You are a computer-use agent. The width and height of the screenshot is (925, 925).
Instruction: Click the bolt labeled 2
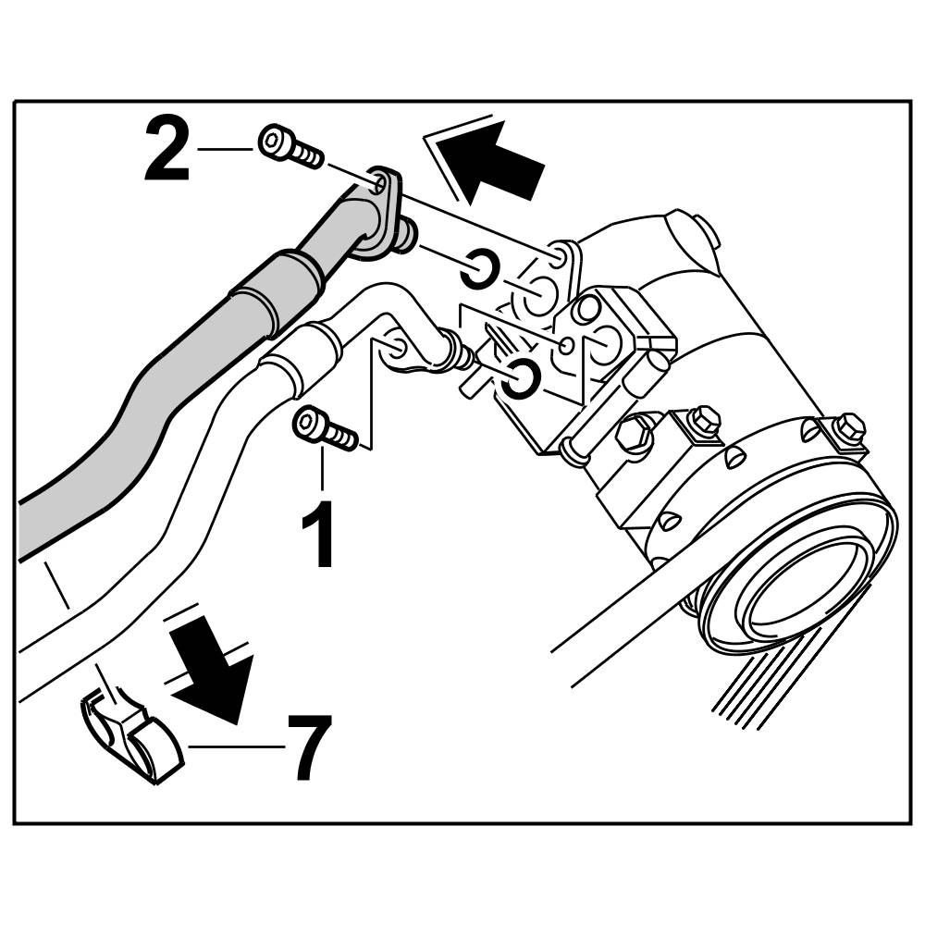pyautogui.click(x=289, y=148)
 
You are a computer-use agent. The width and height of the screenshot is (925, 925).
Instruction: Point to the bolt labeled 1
pyautogui.click(x=324, y=429)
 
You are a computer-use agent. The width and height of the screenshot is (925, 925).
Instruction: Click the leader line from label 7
pyautogui.click(x=236, y=746)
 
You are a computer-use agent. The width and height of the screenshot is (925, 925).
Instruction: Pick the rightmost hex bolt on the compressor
pyautogui.click(x=847, y=427)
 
